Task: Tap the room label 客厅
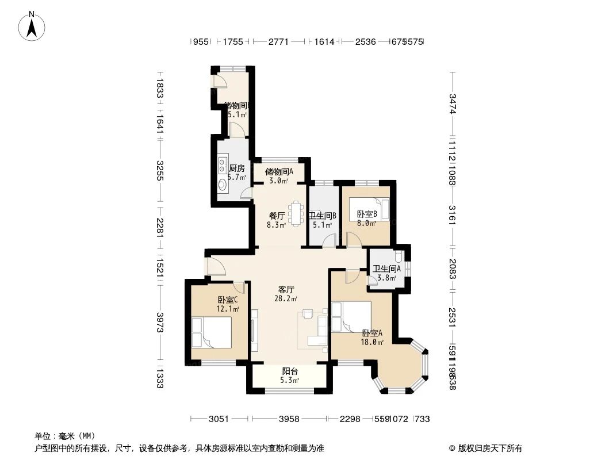pyautogui.click(x=286, y=289)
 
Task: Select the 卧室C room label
pyautogui.click(x=228, y=300)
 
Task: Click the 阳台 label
pyautogui.click(x=290, y=371)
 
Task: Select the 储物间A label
pyautogui.click(x=279, y=171)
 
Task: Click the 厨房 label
pyautogui.click(x=237, y=168)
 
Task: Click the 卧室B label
pyautogui.click(x=366, y=214)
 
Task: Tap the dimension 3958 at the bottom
pyautogui.click(x=289, y=419)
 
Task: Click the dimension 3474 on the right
pyautogui.click(x=453, y=103)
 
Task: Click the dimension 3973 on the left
pyautogui.click(x=160, y=325)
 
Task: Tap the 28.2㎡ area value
pyautogui.click(x=286, y=299)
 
